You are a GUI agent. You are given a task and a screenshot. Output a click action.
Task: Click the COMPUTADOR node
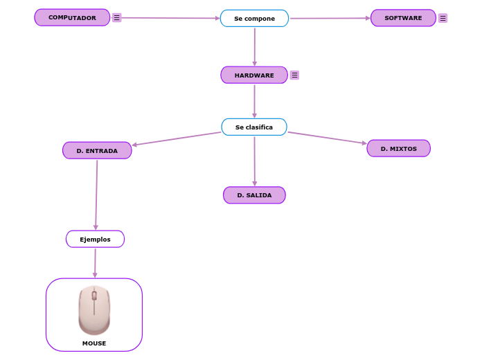[72, 17]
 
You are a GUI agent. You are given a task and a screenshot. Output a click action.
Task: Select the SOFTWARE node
[403, 18]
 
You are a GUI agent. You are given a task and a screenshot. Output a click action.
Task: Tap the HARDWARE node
[254, 75]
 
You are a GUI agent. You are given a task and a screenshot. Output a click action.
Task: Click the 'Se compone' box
[254, 19]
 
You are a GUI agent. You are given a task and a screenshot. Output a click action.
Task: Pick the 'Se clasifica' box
[254, 127]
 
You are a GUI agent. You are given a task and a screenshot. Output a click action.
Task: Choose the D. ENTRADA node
[97, 150]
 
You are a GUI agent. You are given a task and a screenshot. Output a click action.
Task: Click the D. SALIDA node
[254, 195]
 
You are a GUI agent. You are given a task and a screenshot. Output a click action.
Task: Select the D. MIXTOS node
[398, 148]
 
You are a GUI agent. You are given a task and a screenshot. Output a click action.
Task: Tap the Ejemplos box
[95, 239]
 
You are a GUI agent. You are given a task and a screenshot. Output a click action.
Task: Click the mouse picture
[94, 310]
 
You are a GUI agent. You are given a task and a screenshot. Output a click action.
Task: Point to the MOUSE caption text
[94, 343]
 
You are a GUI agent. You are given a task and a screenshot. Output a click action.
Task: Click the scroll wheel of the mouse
[94, 296]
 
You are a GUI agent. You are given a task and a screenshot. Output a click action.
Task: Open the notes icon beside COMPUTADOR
[116, 17]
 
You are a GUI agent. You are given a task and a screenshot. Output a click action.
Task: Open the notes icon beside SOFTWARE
[443, 18]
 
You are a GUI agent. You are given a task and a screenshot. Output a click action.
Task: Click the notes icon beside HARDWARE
[294, 75]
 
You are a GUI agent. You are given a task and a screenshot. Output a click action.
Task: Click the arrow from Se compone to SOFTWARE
[329, 19]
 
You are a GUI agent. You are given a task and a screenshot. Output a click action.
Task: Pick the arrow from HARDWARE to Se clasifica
[254, 101]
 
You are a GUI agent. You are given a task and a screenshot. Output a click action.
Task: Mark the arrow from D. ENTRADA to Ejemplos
[96, 194]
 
